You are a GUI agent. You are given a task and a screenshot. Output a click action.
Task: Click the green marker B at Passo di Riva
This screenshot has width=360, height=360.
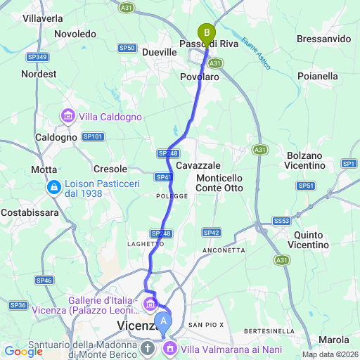206,32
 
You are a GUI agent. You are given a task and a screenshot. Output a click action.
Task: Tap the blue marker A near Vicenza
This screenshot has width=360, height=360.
163,322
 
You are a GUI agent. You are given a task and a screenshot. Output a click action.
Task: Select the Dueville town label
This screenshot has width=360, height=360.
159,52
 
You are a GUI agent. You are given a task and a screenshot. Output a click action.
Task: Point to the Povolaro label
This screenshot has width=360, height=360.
200,77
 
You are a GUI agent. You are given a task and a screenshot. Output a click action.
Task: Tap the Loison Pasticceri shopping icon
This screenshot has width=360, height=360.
53,188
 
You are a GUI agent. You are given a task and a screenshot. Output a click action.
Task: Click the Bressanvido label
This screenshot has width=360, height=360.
324,39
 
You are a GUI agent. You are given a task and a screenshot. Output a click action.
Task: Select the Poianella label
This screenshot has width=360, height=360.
322,75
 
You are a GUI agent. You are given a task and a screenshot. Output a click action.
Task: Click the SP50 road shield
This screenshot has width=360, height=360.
127,48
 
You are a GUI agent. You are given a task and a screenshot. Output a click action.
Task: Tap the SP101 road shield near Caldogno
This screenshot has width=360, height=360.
93,136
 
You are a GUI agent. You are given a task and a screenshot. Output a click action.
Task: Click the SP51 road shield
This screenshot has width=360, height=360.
305,186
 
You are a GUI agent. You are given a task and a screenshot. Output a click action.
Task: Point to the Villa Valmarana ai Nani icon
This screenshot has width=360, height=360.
171,348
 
